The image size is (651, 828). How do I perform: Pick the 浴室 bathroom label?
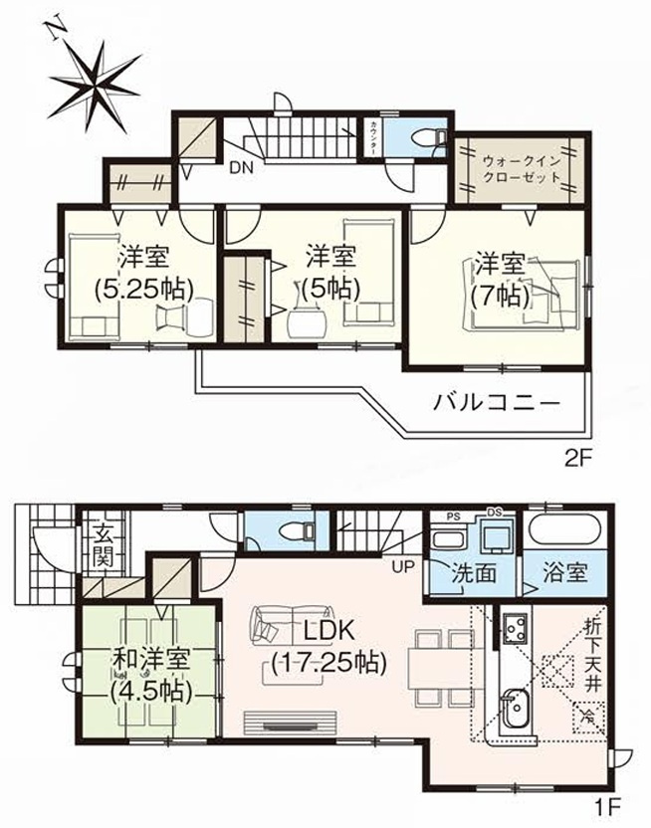click(563, 575)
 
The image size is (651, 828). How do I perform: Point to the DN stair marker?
click(241, 167)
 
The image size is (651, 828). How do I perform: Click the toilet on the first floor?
click(294, 529)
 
